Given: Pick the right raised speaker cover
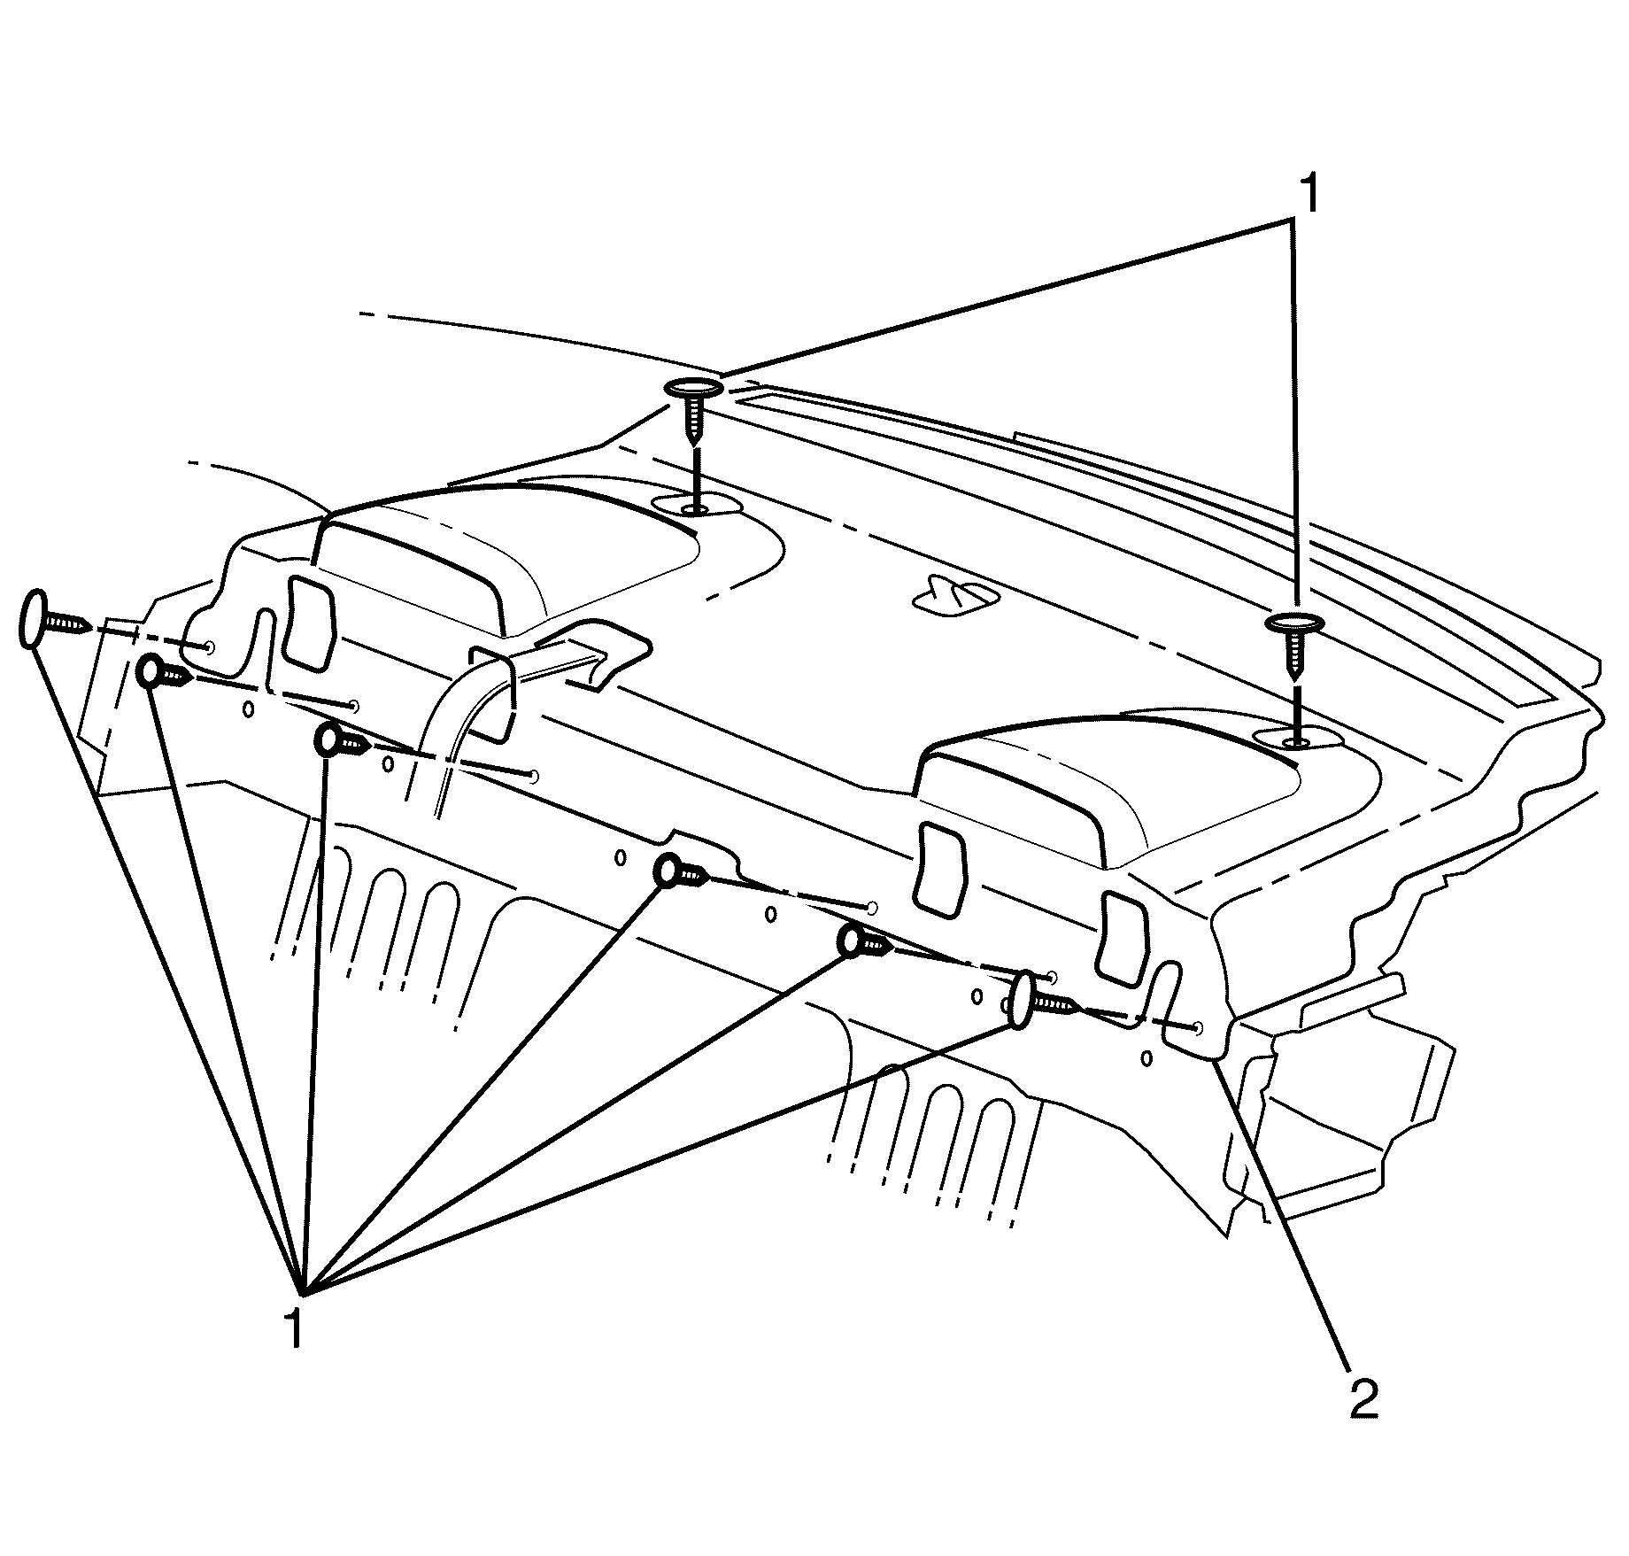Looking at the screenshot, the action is click(1107, 788).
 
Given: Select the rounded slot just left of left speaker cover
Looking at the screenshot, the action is click(308, 622).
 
